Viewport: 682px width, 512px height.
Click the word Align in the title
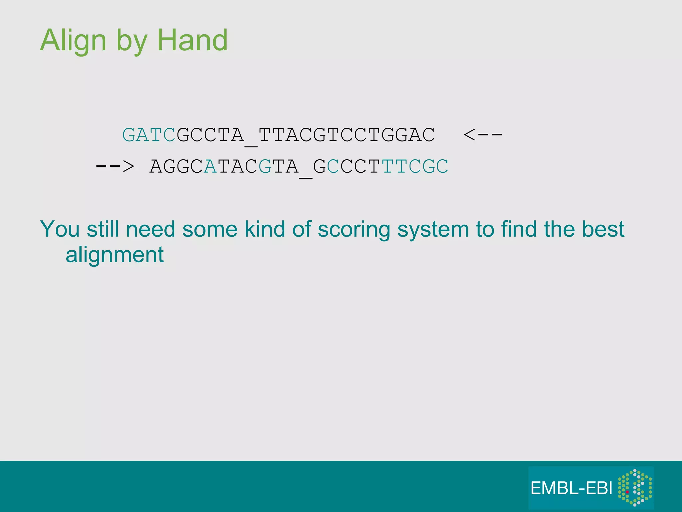[73, 41]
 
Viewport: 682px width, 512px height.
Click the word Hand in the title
[192, 41]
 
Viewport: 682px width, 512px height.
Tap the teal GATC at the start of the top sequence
[149, 135]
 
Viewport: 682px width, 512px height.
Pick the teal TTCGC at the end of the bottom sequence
[415, 166]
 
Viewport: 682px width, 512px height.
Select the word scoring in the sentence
[354, 230]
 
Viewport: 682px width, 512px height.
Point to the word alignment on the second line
[115, 255]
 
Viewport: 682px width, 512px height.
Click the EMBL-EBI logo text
[571, 488]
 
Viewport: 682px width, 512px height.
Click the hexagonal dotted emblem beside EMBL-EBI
[635, 487]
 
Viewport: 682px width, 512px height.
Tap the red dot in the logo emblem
[627, 492]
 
